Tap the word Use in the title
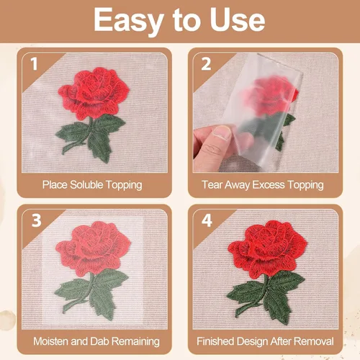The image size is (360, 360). coord(238,19)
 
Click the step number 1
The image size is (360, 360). coord(34,64)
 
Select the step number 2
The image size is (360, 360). coord(206,64)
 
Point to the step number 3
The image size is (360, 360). coord(36,220)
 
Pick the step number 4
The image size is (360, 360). coord(207,220)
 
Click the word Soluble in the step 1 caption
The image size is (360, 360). coord(86,185)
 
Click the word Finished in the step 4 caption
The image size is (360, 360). coord(215,341)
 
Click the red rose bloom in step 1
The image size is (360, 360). coord(94,93)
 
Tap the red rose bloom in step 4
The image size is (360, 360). coord(267,249)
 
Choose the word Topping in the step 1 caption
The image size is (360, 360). coord(124,185)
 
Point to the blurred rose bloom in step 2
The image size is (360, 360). coord(270,95)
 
